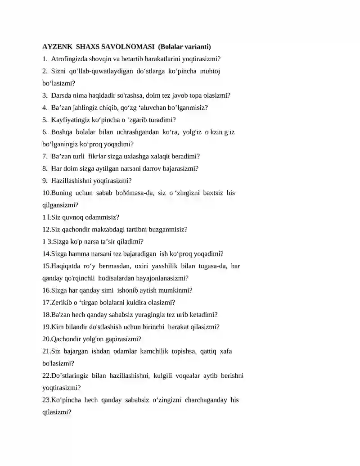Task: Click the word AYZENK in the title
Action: click(x=57, y=46)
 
